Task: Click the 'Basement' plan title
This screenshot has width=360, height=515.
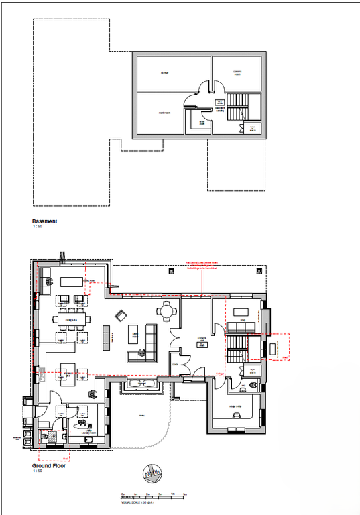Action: click(x=45, y=221)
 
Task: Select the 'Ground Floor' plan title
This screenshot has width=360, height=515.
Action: click(x=49, y=465)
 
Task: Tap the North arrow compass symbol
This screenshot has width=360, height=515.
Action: click(x=150, y=475)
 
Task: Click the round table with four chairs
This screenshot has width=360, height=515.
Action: click(x=166, y=311)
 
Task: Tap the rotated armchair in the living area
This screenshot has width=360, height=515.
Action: click(x=121, y=315)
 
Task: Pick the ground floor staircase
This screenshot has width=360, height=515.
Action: click(x=236, y=348)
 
